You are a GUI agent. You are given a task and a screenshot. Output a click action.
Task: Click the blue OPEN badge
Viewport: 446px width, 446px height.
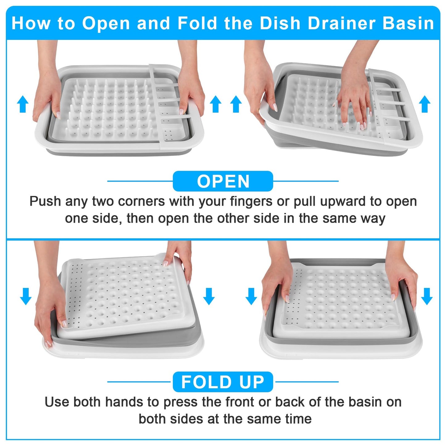[223, 181]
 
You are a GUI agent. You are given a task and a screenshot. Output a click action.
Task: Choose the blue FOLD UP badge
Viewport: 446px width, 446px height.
[223, 382]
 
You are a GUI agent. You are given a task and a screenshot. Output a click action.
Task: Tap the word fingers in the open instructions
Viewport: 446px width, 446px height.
[251, 202]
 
